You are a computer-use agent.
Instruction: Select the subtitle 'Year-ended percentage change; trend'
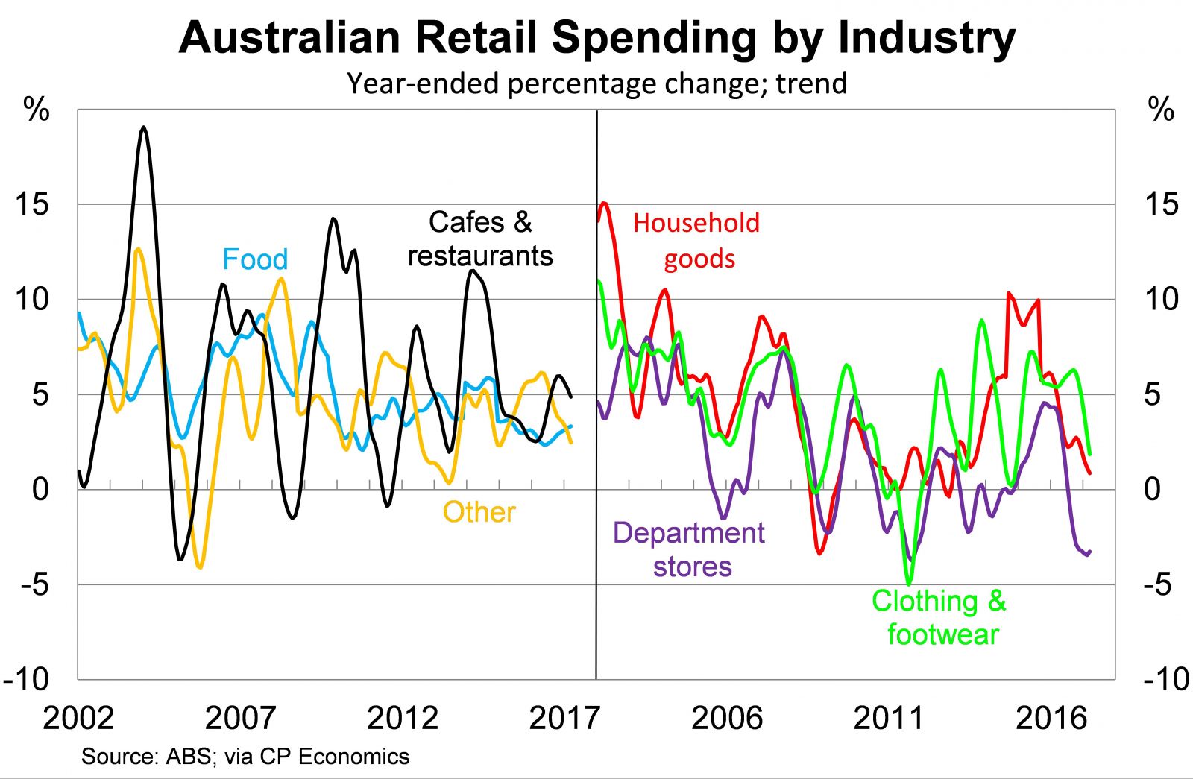point(596,83)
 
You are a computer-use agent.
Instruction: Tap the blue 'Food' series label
point(255,259)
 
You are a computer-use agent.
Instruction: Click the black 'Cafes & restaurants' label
point(480,239)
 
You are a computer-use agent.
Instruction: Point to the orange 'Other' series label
point(479,512)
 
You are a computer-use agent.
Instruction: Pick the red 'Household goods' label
point(696,240)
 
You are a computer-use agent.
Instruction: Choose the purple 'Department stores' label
point(689,549)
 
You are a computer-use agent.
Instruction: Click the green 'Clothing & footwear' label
point(939,617)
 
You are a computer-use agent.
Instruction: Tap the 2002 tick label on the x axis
point(78,718)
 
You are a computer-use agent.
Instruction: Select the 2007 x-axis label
point(240,718)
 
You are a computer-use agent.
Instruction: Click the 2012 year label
point(403,718)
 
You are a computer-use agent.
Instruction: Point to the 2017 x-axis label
point(564,718)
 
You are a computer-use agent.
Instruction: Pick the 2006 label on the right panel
point(727,718)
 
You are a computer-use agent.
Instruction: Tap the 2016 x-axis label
point(1051,718)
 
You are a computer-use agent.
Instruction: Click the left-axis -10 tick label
point(27,679)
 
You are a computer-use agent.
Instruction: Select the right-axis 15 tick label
point(1162,204)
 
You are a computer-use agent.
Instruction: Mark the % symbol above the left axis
point(37,110)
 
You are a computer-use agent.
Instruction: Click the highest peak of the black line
point(144,127)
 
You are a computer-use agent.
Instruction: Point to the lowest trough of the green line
point(909,583)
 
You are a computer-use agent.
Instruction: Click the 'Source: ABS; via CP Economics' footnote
point(245,757)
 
